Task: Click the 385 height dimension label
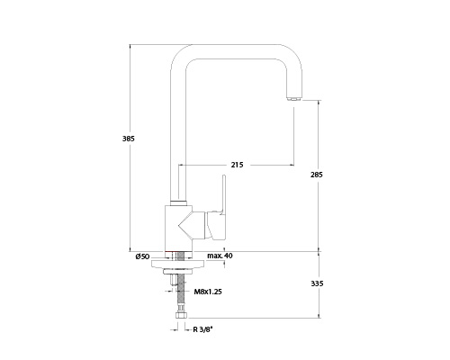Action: (x=129, y=139)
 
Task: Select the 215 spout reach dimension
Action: (x=237, y=165)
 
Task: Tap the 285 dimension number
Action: (x=317, y=175)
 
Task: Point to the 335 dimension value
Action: (x=317, y=283)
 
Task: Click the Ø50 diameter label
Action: (x=142, y=256)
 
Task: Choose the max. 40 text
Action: (x=220, y=256)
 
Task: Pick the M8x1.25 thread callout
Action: (x=208, y=292)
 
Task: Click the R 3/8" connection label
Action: (x=202, y=329)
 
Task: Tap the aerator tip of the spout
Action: (x=294, y=98)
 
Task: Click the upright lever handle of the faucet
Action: (x=222, y=194)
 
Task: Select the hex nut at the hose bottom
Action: (x=181, y=316)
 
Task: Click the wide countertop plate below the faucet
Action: (x=178, y=264)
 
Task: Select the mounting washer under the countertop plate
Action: (x=178, y=272)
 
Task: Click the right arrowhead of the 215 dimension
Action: (x=292, y=165)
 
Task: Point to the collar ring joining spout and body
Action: (x=178, y=202)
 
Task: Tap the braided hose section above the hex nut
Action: (x=181, y=292)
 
